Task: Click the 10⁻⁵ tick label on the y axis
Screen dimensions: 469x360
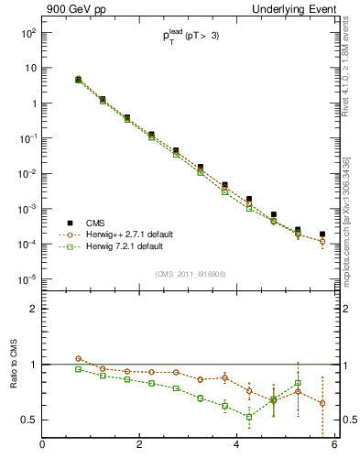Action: (27, 279)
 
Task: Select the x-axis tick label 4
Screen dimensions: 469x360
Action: (236, 445)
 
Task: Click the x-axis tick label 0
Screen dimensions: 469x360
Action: (42, 445)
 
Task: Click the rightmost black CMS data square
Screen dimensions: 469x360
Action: (322, 234)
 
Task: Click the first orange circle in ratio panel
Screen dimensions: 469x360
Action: (78, 359)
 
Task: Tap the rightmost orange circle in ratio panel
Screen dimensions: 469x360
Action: (322, 403)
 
